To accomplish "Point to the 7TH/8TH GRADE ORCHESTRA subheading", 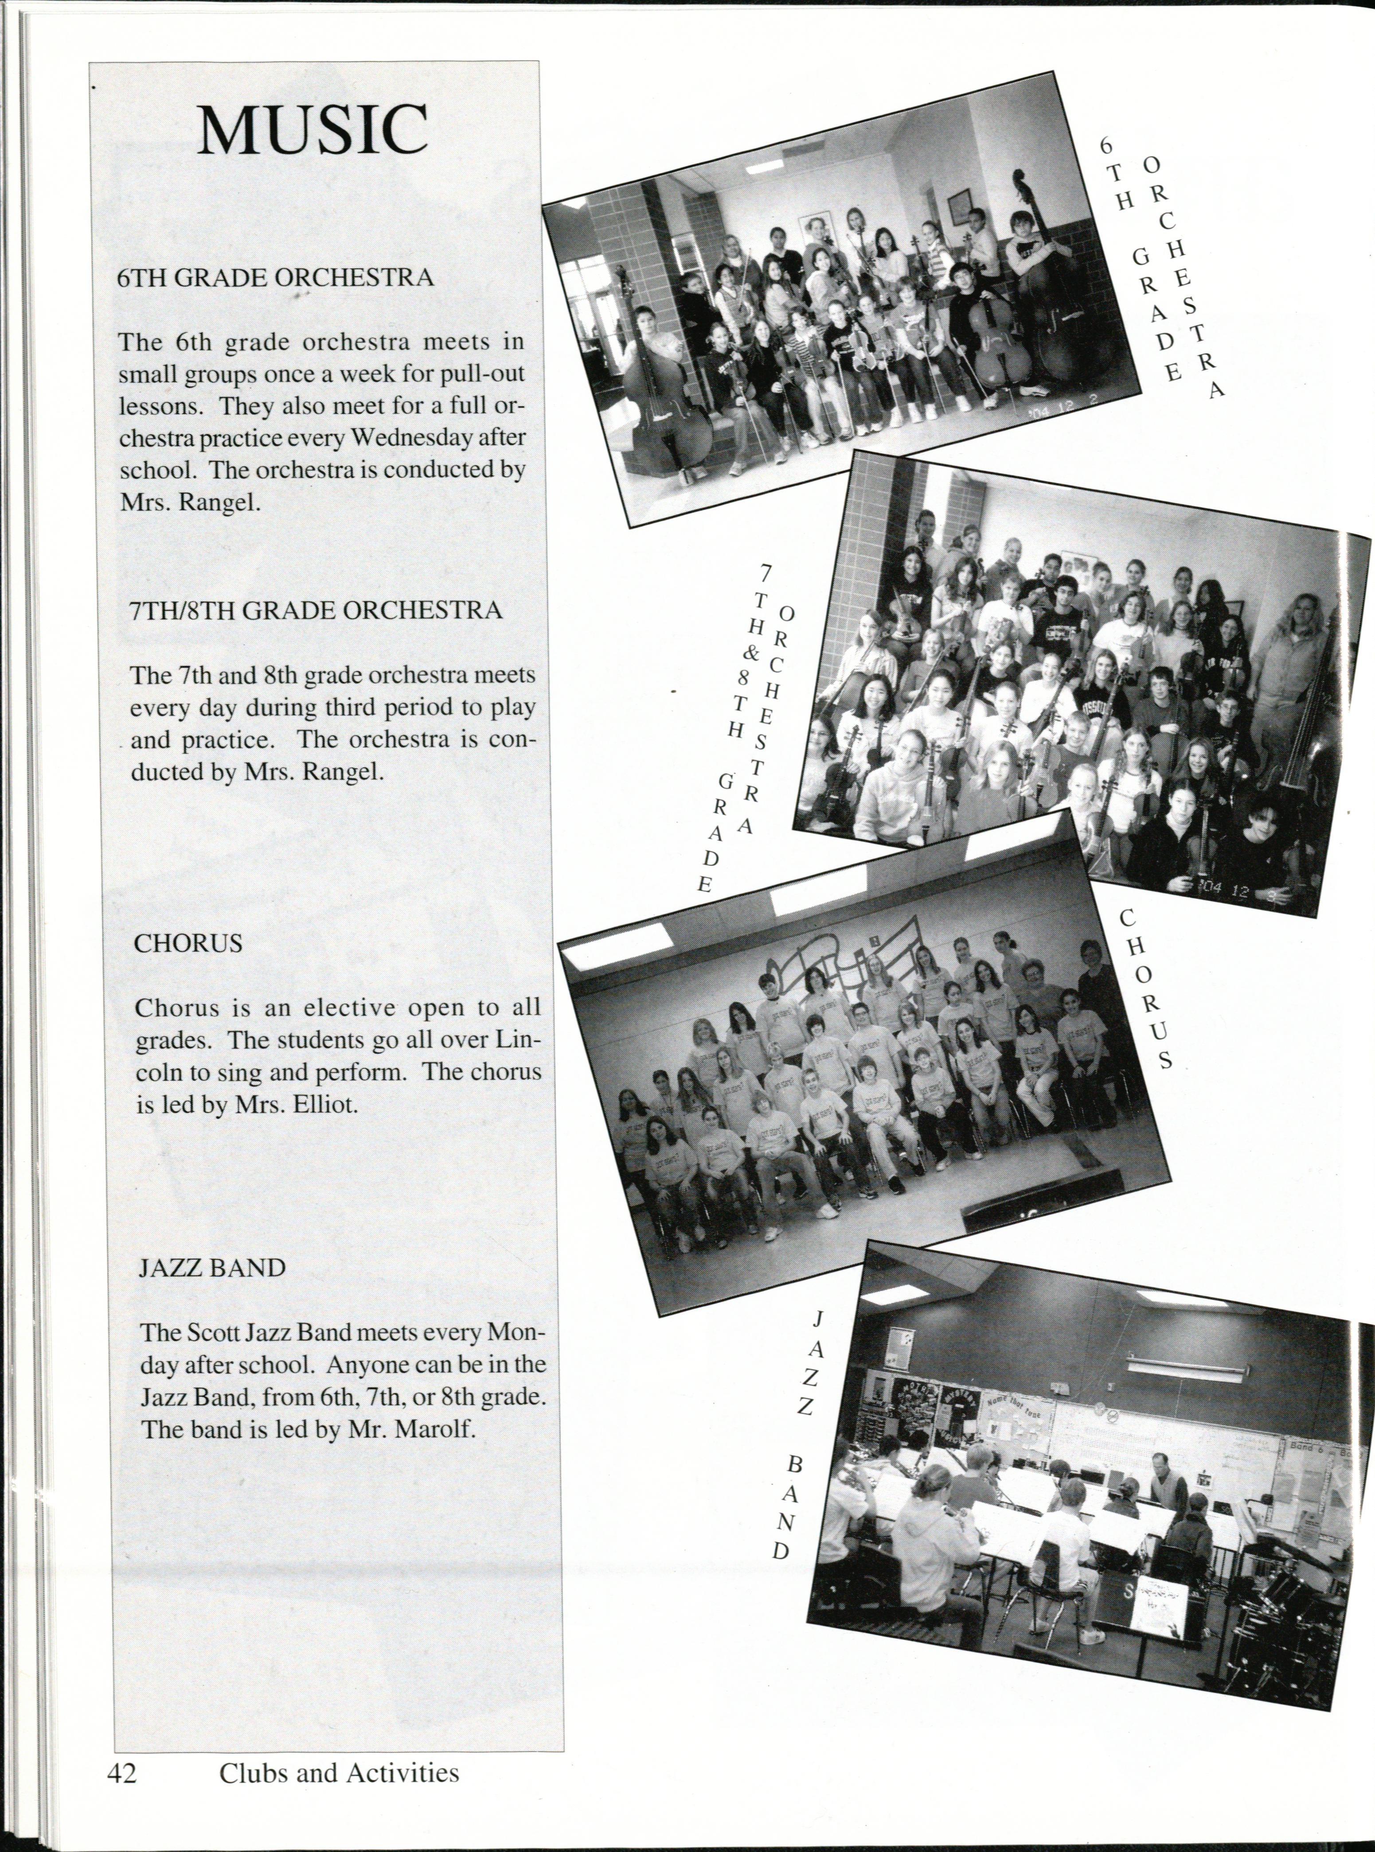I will (317, 611).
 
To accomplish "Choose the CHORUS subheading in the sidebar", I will (189, 943).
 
